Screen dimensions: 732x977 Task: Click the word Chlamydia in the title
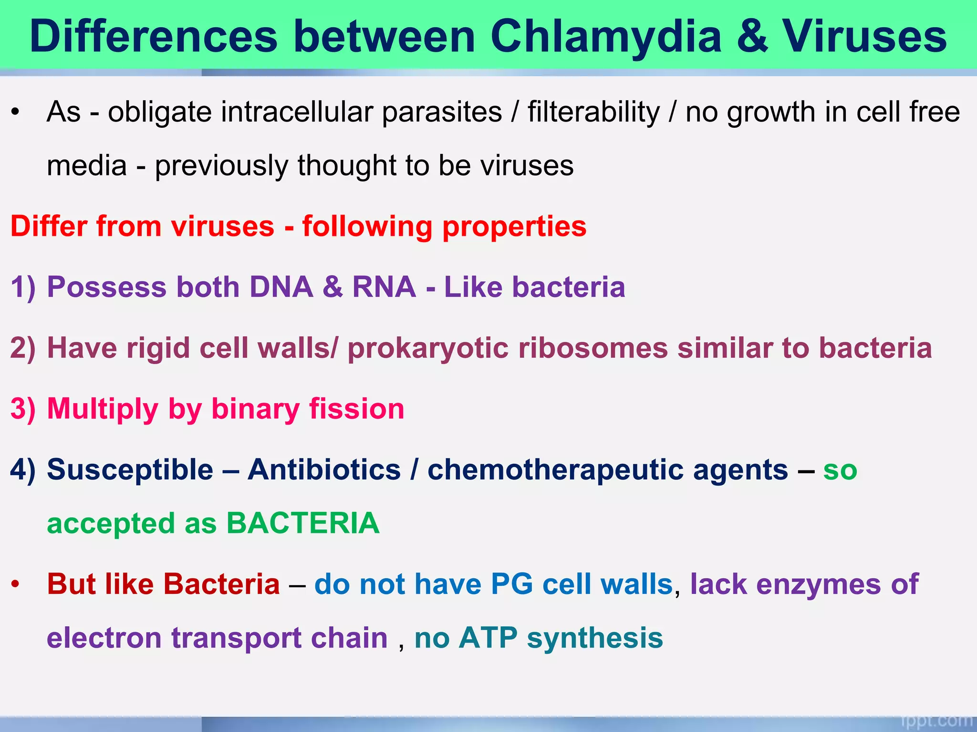(x=606, y=37)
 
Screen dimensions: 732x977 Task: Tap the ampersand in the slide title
(x=753, y=37)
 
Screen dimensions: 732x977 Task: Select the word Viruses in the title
(x=864, y=37)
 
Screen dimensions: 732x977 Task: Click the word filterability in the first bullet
(x=593, y=112)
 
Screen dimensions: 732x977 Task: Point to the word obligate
(x=159, y=112)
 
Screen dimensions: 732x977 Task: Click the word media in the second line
(x=87, y=166)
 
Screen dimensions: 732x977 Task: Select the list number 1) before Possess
(x=23, y=287)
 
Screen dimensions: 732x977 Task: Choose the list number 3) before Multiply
(x=23, y=409)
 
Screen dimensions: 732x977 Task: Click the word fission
(x=356, y=409)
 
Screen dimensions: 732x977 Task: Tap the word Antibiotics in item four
(x=324, y=470)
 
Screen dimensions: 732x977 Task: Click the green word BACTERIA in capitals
(x=303, y=524)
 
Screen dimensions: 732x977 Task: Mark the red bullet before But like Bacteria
(x=15, y=584)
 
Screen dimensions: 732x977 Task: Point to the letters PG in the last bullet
(x=511, y=584)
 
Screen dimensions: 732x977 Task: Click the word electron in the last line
(x=104, y=638)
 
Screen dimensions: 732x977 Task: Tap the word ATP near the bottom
(x=488, y=638)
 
